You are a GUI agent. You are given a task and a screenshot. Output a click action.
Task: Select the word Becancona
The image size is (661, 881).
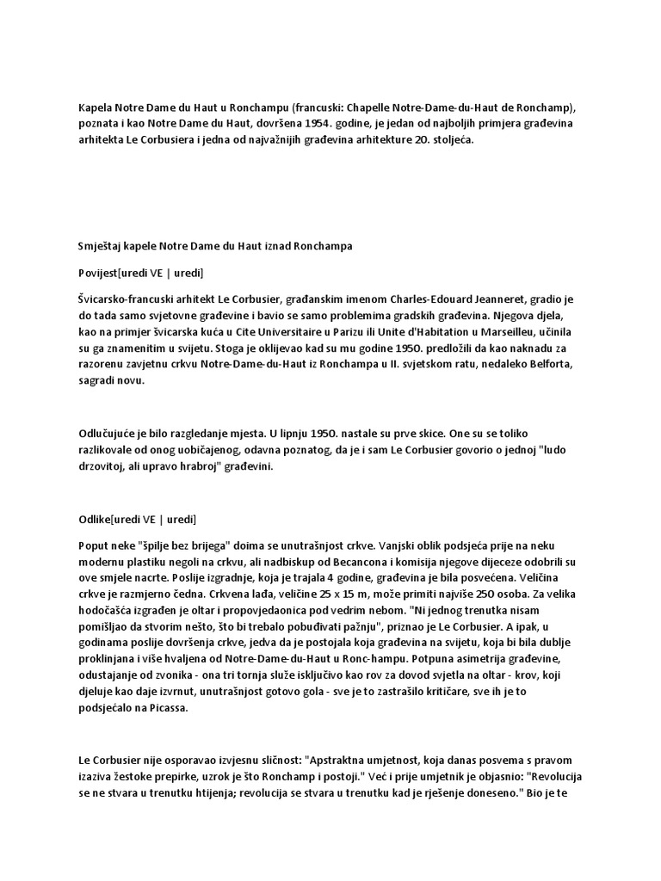point(368,561)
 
